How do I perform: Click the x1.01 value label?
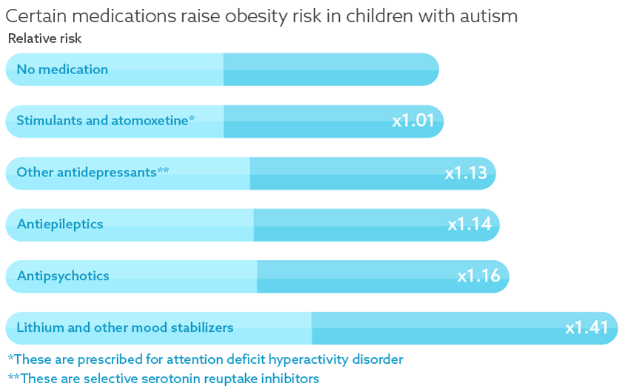pyautogui.click(x=413, y=121)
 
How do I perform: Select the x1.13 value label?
pyautogui.click(x=466, y=173)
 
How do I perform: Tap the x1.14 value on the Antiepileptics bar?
pyautogui.click(x=469, y=224)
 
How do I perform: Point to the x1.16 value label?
pyautogui.click(x=478, y=276)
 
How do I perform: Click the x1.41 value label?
pyautogui.click(x=586, y=328)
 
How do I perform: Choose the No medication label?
pyautogui.click(x=62, y=70)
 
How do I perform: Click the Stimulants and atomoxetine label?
pyautogui.click(x=102, y=121)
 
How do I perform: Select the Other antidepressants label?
pyautogui.click(x=87, y=173)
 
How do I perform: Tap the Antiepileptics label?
pyautogui.click(x=60, y=224)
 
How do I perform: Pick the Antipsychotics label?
pyautogui.click(x=63, y=276)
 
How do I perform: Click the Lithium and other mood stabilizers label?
pyautogui.click(x=125, y=328)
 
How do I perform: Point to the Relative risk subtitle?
pyautogui.click(x=44, y=39)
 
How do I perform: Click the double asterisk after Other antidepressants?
pyautogui.click(x=163, y=171)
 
